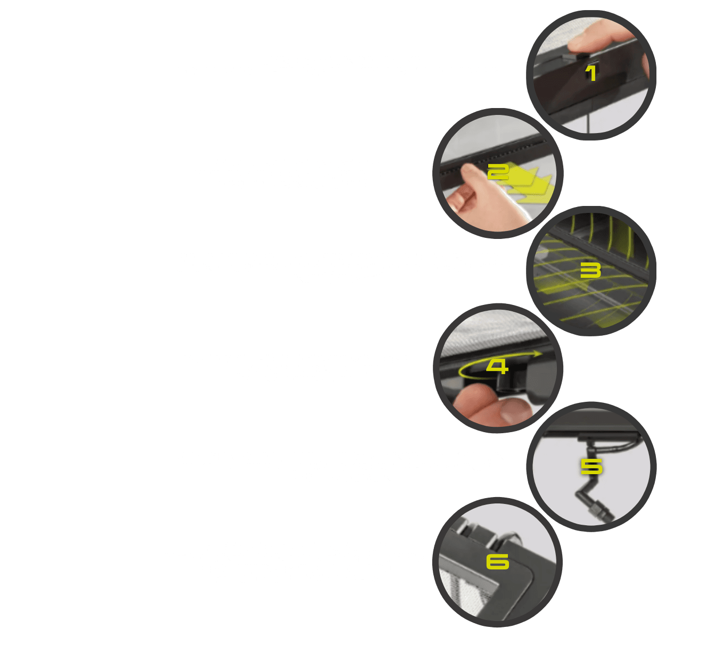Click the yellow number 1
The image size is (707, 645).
[x=591, y=73]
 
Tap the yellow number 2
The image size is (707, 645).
[x=498, y=172]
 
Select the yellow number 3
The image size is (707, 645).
[x=590, y=270]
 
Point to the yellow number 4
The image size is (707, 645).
[x=497, y=367]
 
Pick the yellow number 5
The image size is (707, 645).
[x=591, y=466]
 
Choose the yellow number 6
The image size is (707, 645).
[x=498, y=562]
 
